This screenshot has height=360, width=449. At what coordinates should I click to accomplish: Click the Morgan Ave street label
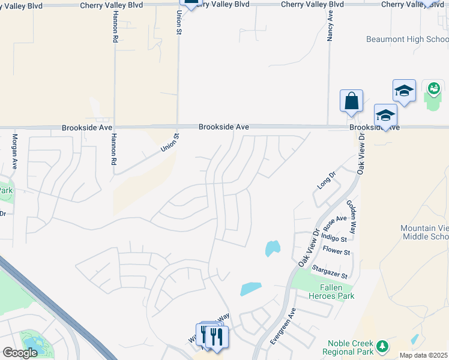pyautogui.click(x=14, y=155)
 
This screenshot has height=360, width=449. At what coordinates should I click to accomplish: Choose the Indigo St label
pyautogui.click(x=336, y=238)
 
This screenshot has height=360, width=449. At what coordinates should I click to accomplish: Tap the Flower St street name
pyautogui.click(x=336, y=251)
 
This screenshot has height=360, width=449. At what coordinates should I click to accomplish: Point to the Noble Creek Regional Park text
pyautogui.click(x=348, y=347)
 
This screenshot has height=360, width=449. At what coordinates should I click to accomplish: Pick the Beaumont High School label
pyautogui.click(x=406, y=40)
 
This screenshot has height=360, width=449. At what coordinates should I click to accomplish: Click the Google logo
pyautogui.click(x=20, y=353)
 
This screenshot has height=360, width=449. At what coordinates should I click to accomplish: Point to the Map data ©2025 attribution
pyautogui.click(x=423, y=355)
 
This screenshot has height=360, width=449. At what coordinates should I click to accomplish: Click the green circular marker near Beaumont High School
pyautogui.click(x=433, y=90)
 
